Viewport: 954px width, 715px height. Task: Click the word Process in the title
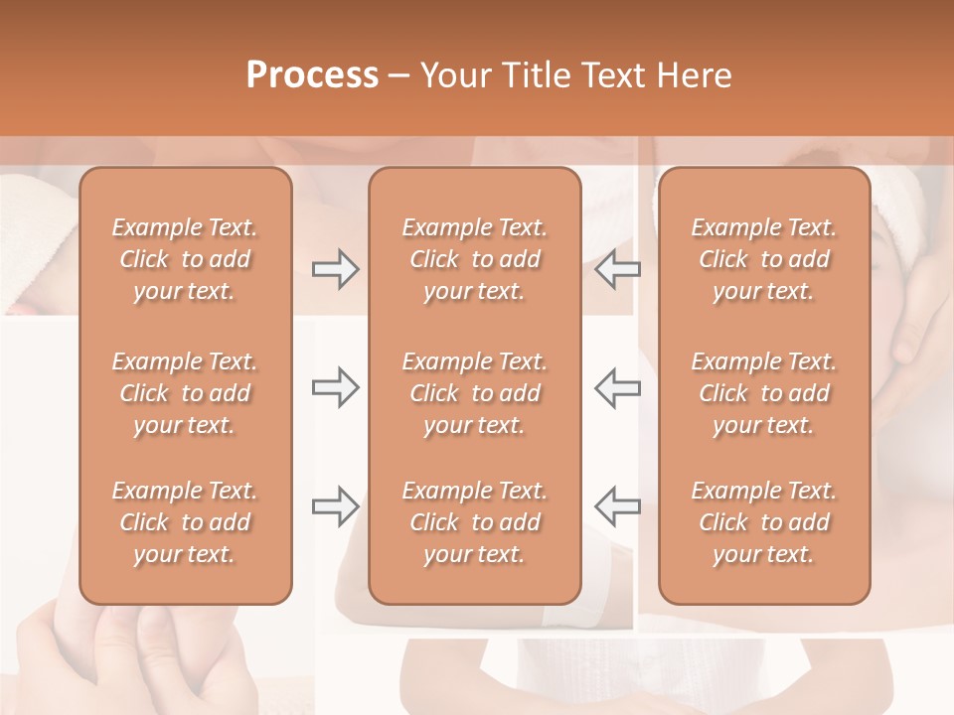pos(312,75)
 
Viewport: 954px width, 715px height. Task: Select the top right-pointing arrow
pos(335,269)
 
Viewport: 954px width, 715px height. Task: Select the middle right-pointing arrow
pos(335,387)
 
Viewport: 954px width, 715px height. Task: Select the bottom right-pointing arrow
pos(335,506)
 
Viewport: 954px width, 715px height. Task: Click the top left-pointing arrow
pos(617,269)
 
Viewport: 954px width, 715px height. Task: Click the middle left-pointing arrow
pos(617,387)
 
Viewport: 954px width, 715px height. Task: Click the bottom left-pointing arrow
pos(617,506)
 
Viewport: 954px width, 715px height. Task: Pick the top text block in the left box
pos(185,259)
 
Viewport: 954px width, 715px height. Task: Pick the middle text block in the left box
pos(185,393)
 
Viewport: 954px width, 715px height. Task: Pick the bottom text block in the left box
pos(185,522)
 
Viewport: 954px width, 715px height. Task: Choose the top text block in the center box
pos(474,259)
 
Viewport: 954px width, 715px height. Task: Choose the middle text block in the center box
pos(474,393)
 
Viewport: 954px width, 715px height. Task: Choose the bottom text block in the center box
pos(474,522)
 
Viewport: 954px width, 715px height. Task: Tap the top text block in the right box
pos(763,259)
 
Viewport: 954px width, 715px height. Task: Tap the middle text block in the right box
pos(763,393)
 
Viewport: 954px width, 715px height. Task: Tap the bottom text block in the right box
pos(763,522)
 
